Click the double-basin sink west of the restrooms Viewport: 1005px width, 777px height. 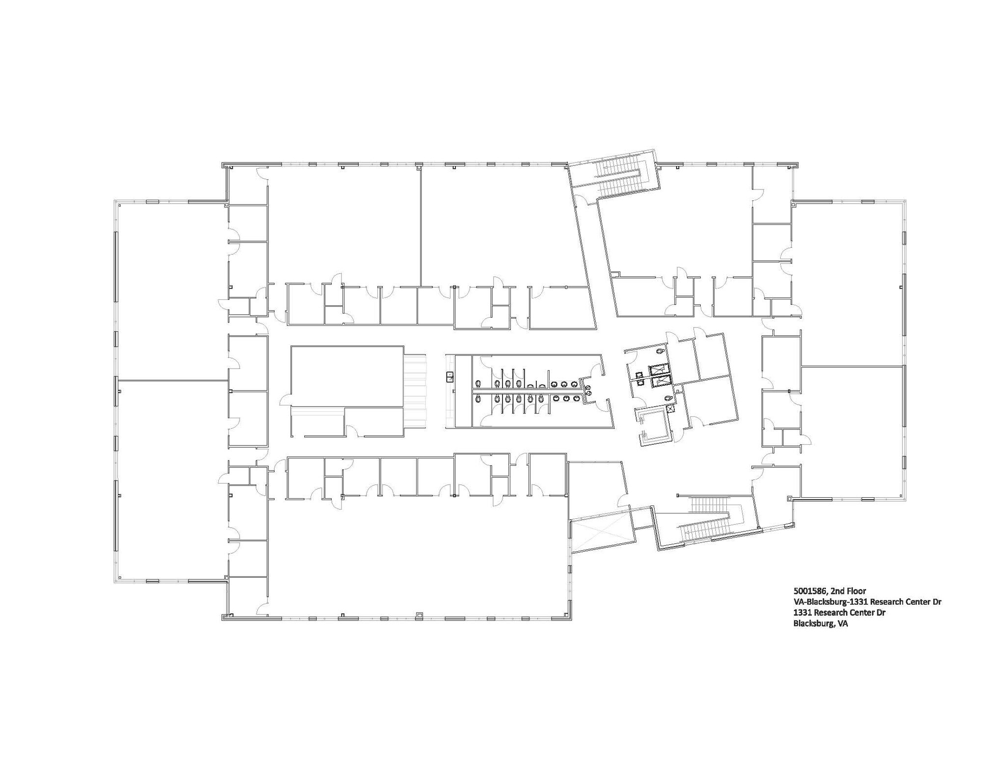pyautogui.click(x=450, y=377)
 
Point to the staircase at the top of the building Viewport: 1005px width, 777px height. pyautogui.click(x=618, y=178)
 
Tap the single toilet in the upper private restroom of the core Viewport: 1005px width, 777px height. pyautogui.click(x=661, y=351)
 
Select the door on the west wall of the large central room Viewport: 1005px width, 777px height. pyautogui.click(x=285, y=401)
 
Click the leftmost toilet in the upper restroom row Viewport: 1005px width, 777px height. pyautogui.click(x=479, y=382)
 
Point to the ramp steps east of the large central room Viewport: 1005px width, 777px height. pyautogui.click(x=416, y=391)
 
